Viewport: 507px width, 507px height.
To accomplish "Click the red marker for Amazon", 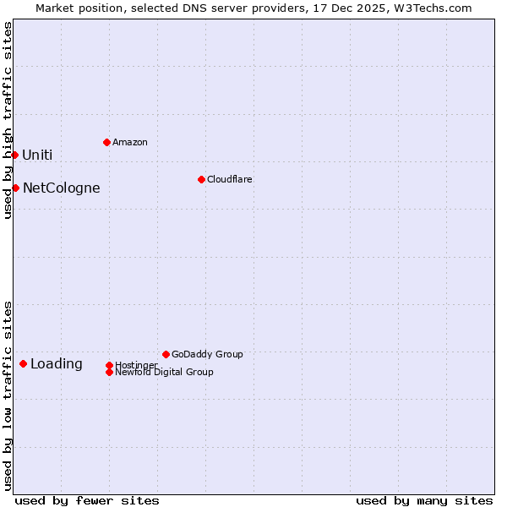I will point(106,142).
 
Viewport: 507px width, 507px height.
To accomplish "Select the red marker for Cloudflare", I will point(201,179).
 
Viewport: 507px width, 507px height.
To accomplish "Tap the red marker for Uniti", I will point(14,155).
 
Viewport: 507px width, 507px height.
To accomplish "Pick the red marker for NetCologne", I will point(15,188).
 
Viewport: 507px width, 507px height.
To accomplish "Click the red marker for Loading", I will point(23,363).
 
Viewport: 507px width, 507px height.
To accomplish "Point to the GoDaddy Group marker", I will point(166,354).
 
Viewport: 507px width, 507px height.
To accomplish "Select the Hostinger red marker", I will point(109,365).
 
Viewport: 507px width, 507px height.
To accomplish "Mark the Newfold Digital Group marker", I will point(110,372).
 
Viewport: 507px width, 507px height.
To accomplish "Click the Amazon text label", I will point(130,142).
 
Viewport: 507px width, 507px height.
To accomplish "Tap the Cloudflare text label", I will point(230,179).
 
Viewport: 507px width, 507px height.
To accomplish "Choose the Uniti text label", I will point(37,155).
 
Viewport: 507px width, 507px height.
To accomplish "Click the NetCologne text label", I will point(62,188).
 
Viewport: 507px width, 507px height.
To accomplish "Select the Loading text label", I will point(57,364).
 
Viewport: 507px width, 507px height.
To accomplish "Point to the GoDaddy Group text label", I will point(207,354).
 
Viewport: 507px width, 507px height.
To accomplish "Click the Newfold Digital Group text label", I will point(165,373).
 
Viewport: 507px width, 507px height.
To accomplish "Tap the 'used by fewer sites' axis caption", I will point(87,500).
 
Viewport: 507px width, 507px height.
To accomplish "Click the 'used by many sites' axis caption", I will point(424,500).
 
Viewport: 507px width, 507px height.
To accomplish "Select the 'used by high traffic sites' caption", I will point(8,120).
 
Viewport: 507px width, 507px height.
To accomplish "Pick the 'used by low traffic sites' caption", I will point(8,395).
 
